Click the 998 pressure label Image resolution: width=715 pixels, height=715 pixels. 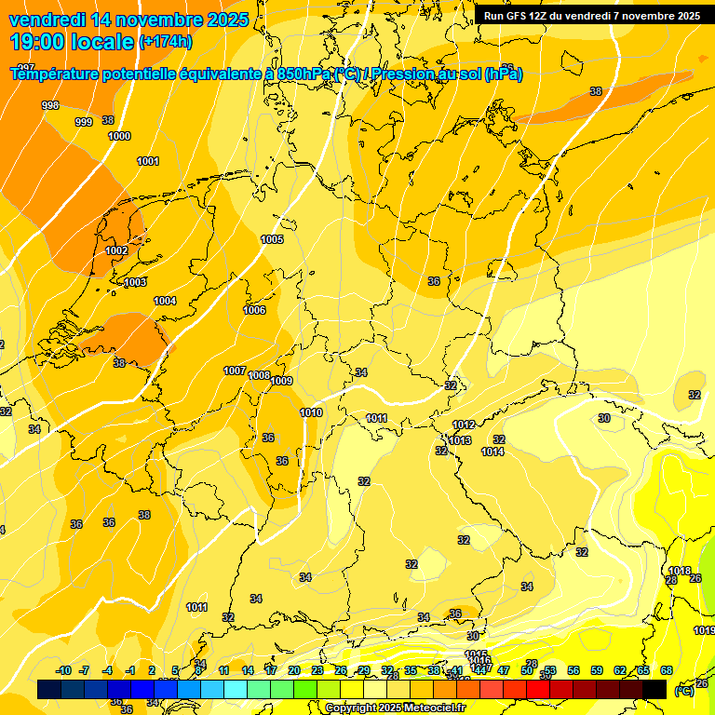[50, 105]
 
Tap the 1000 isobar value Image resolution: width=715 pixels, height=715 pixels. [119, 136]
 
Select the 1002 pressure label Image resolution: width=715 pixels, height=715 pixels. [116, 250]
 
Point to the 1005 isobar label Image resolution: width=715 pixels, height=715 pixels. [272, 239]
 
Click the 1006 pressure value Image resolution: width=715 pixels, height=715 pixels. [254, 310]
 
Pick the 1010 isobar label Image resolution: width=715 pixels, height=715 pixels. [311, 412]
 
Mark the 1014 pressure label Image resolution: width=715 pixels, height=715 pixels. [492, 452]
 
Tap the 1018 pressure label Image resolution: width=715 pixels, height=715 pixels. [680, 571]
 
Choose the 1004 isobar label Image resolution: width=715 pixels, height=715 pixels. [165, 301]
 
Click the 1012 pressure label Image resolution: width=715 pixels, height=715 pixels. [464, 425]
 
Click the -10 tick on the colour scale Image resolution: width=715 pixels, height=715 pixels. [63, 670]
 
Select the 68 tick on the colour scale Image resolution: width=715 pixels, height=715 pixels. [667, 670]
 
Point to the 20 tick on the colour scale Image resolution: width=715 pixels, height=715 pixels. [293, 670]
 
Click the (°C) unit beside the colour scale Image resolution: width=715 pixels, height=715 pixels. [684, 691]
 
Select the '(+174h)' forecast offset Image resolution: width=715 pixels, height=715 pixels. [166, 42]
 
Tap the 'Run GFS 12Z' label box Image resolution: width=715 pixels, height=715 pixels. [592, 15]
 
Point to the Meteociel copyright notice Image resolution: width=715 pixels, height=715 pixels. [396, 708]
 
